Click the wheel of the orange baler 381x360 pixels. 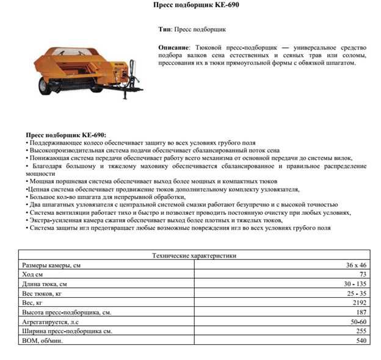coord(44,87)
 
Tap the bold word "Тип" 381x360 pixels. coord(164,29)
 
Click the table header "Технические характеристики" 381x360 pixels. coord(194,256)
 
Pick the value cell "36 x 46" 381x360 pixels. coord(356,265)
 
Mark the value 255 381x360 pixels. coord(361,331)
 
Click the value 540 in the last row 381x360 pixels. coord(361,340)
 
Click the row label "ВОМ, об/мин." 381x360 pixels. coord(42,340)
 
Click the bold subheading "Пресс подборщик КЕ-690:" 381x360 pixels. coord(66,134)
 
